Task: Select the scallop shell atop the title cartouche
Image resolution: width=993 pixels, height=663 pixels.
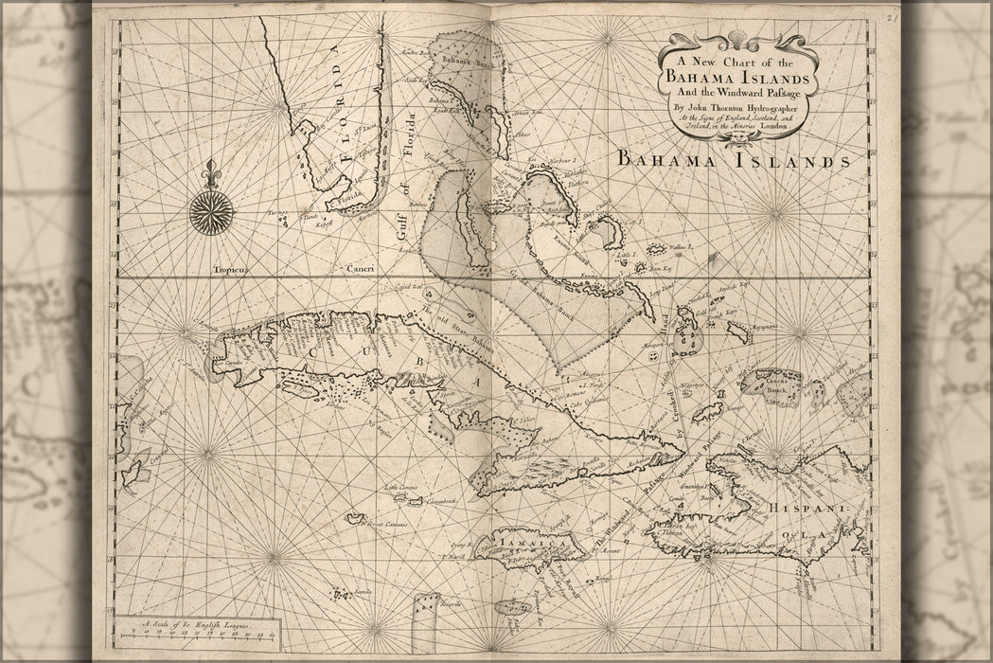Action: (x=736, y=39)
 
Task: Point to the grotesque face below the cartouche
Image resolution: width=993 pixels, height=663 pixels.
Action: (x=735, y=137)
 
